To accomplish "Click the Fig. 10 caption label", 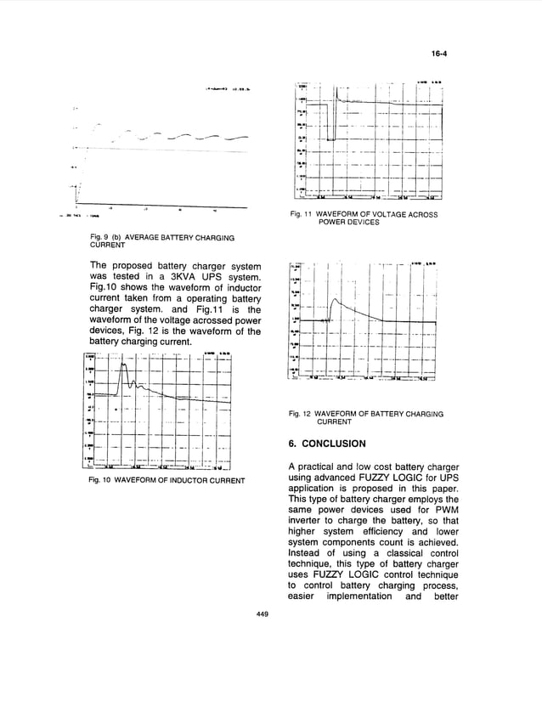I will [101, 481].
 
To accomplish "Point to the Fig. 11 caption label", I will [302, 215].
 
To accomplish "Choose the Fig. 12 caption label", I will [302, 414].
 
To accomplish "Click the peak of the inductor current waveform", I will [124, 365].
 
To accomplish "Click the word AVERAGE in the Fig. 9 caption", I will [138, 237].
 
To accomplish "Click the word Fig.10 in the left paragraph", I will [105, 294].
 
